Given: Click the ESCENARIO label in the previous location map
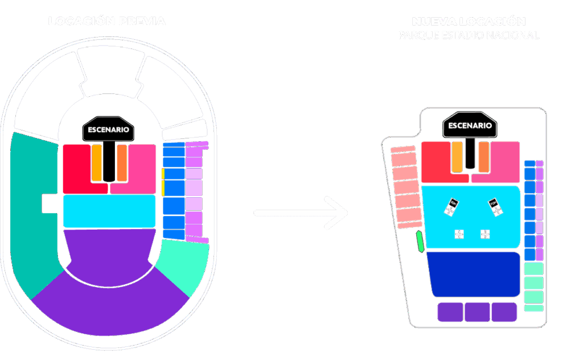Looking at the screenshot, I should click(x=108, y=129).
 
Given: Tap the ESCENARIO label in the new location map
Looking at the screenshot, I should click(x=470, y=125).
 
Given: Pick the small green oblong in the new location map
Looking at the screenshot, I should click(x=420, y=242).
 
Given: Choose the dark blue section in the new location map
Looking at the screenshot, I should click(x=474, y=274).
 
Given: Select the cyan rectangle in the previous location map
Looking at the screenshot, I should click(x=109, y=211).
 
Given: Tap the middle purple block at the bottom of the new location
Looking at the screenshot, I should click(x=477, y=312).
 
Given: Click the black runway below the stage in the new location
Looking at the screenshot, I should click(x=470, y=154).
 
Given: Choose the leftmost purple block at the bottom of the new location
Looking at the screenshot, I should click(x=450, y=312).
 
